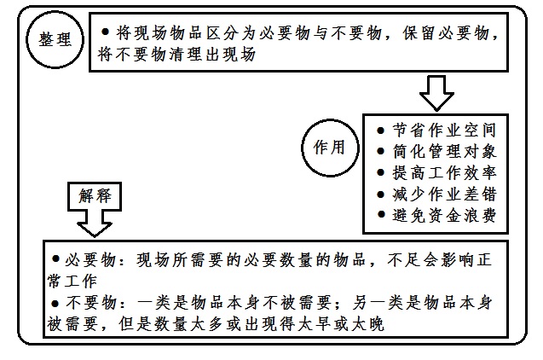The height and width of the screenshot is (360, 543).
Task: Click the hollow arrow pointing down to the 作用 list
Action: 436,93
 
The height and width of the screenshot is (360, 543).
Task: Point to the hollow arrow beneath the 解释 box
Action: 94,224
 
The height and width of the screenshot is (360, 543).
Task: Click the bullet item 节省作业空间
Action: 436,131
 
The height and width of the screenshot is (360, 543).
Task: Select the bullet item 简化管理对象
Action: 436,151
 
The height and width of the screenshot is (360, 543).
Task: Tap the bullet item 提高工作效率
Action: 436,172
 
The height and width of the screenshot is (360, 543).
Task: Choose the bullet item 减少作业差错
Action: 436,194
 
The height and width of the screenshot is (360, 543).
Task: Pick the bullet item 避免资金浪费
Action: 436,215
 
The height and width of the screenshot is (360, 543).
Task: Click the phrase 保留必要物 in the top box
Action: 446,33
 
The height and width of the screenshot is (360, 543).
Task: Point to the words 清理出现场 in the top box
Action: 212,55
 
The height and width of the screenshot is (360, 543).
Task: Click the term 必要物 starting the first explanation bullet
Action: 90,260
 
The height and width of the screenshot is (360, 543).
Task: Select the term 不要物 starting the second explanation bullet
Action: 90,303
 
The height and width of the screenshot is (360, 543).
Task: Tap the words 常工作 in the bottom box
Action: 72,281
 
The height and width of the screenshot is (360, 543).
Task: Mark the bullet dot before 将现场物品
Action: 106,32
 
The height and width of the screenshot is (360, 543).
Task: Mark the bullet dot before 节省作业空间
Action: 380,131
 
